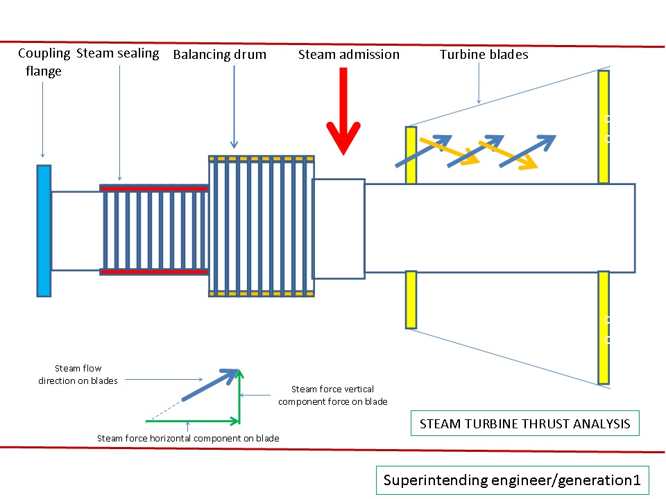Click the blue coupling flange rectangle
tap(44, 230)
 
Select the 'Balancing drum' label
tap(220, 55)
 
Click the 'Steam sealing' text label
tap(118, 53)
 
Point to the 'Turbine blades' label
tap(484, 54)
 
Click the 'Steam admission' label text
tap(349, 54)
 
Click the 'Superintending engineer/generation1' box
tap(512, 480)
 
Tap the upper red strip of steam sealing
tap(154, 188)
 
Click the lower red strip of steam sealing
tap(154, 272)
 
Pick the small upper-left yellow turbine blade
tap(411, 155)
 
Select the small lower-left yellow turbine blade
tap(411, 299)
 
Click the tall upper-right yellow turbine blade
tap(604, 126)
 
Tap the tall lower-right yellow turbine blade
tap(604, 327)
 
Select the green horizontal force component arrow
tap(192, 421)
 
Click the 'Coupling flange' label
tap(44, 62)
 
